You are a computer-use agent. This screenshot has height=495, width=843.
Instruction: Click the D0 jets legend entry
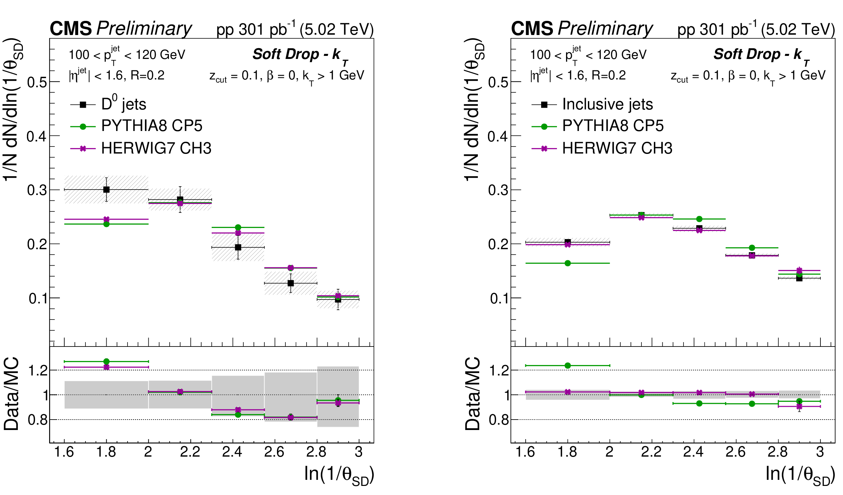click(124, 104)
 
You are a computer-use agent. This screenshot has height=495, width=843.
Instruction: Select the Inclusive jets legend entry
click(607, 104)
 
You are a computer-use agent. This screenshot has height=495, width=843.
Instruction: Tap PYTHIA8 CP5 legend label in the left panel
click(152, 126)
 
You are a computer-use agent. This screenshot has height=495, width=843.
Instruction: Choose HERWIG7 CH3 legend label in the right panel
click(617, 148)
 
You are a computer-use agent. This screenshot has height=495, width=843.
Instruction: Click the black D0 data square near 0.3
click(106, 190)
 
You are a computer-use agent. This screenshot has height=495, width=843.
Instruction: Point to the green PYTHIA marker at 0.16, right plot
click(568, 263)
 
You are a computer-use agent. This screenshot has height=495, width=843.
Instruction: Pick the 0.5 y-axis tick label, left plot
click(37, 82)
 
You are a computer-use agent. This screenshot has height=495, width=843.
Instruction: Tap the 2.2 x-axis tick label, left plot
click(190, 452)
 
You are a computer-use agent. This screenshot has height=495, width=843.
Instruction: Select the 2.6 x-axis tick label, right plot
click(735, 452)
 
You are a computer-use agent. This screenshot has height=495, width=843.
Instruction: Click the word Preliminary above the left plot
click(144, 29)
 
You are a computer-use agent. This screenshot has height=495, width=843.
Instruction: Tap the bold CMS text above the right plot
click(532, 29)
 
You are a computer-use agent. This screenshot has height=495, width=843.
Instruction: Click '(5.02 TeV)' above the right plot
click(798, 30)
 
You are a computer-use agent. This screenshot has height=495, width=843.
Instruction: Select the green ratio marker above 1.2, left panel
click(106, 361)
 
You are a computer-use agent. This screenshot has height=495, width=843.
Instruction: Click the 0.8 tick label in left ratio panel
click(38, 420)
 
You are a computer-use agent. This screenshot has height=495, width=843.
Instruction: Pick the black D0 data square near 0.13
click(291, 283)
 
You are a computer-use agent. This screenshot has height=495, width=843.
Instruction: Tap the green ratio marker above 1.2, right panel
click(568, 365)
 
